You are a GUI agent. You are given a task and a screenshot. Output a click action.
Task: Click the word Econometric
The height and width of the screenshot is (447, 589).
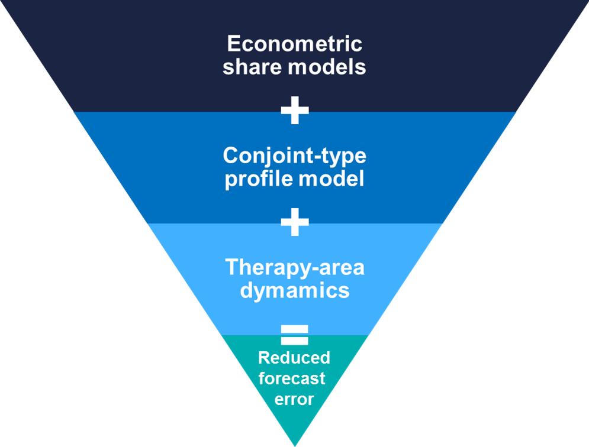(294, 44)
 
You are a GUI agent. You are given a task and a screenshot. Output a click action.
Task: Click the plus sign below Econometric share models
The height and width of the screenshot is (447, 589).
(294, 111)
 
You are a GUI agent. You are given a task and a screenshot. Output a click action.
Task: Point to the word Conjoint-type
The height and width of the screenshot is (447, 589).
(294, 157)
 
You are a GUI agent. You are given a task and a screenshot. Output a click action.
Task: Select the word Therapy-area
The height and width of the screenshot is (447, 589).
(294, 268)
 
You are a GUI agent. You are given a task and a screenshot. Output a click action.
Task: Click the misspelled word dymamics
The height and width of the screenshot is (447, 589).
(294, 290)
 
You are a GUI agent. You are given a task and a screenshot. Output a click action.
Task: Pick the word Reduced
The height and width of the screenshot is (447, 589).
(294, 358)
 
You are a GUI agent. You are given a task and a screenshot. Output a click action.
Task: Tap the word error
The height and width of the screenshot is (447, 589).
(294, 399)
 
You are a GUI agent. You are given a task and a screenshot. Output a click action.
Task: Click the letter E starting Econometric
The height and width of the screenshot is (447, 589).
(233, 44)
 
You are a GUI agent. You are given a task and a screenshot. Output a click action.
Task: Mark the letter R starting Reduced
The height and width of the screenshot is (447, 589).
(264, 358)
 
